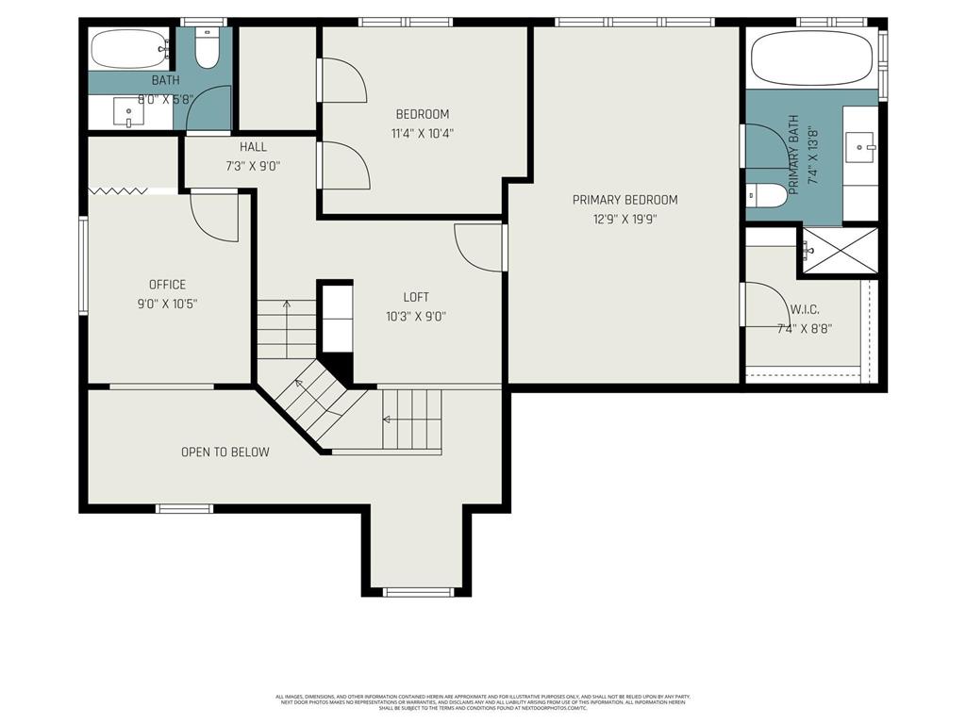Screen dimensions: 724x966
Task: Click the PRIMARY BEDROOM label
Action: pyautogui.click(x=625, y=200)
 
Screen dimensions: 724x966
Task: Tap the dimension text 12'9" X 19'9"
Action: pyautogui.click(x=625, y=220)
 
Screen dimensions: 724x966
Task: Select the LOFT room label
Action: pyautogui.click(x=416, y=297)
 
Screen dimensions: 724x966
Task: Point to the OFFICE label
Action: pyautogui.click(x=167, y=285)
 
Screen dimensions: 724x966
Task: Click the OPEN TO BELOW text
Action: pyautogui.click(x=225, y=452)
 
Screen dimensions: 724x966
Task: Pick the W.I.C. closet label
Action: pyautogui.click(x=804, y=308)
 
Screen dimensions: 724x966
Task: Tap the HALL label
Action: pyautogui.click(x=253, y=147)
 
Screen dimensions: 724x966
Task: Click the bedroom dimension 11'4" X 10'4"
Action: pyautogui.click(x=422, y=134)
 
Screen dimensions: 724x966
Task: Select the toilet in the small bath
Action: pyautogui.click(x=207, y=48)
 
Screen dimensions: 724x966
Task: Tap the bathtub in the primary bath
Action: pyautogui.click(x=811, y=58)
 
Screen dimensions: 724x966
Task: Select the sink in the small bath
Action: pyautogui.click(x=129, y=113)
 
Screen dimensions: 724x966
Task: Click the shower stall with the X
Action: pyautogui.click(x=840, y=250)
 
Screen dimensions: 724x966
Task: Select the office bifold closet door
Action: pyautogui.click(x=118, y=191)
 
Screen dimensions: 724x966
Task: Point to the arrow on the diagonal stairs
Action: pyautogui.click(x=301, y=384)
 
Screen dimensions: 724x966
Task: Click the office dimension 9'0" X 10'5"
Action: pyautogui.click(x=167, y=304)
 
